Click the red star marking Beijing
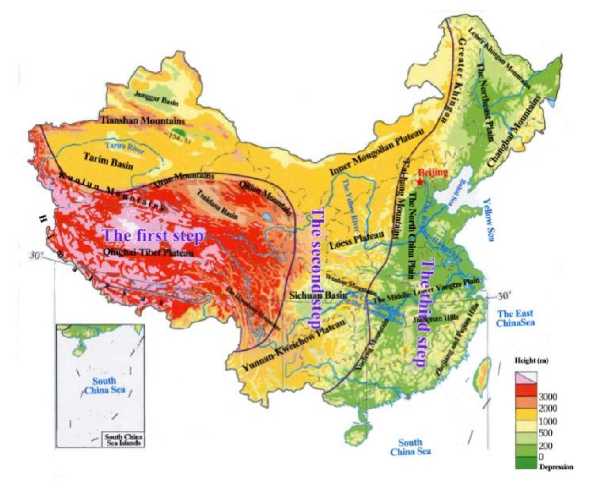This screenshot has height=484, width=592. (x=420, y=182)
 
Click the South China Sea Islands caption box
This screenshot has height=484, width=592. (x=123, y=440)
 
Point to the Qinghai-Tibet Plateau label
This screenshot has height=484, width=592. (x=148, y=253)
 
